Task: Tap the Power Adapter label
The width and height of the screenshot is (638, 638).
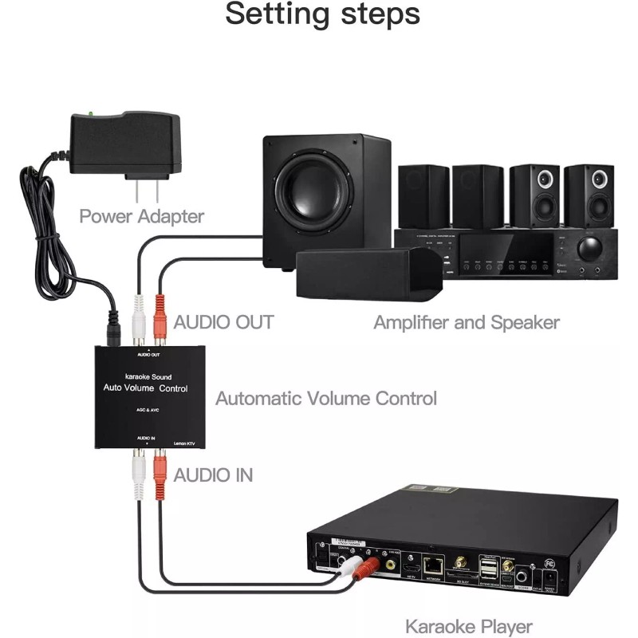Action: coord(141,215)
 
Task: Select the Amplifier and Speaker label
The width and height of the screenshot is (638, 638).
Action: coord(467,322)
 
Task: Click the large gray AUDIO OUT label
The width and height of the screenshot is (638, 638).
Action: coord(223,322)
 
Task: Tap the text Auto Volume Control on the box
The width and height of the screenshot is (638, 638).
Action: coord(146,389)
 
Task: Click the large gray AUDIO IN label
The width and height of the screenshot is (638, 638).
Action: coord(213,475)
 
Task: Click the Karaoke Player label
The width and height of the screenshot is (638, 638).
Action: coord(468,626)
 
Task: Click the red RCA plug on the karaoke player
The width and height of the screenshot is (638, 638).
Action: coord(368,568)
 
